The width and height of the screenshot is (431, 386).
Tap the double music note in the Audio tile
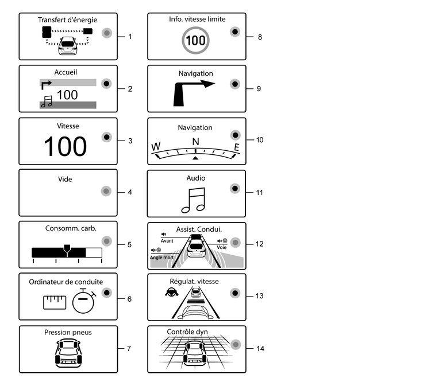coord(194,201)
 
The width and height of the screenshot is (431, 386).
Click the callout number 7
coord(130,348)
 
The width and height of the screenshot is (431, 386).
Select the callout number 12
coord(259,244)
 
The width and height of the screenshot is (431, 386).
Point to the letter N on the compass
coord(195,142)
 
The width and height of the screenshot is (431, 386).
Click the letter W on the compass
coord(156,147)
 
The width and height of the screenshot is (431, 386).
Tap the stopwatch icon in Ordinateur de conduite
coord(84,301)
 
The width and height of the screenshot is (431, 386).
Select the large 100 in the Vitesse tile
coord(65,147)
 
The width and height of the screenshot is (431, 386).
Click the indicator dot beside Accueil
coord(105,84)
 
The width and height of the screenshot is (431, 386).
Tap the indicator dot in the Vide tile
coord(105,192)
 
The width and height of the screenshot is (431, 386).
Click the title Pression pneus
coord(68,332)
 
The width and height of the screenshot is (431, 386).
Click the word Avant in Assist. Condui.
coord(167,241)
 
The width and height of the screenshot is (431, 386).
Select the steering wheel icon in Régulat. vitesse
coord(171,291)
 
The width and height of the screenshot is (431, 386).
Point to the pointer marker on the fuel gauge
coord(67,249)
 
